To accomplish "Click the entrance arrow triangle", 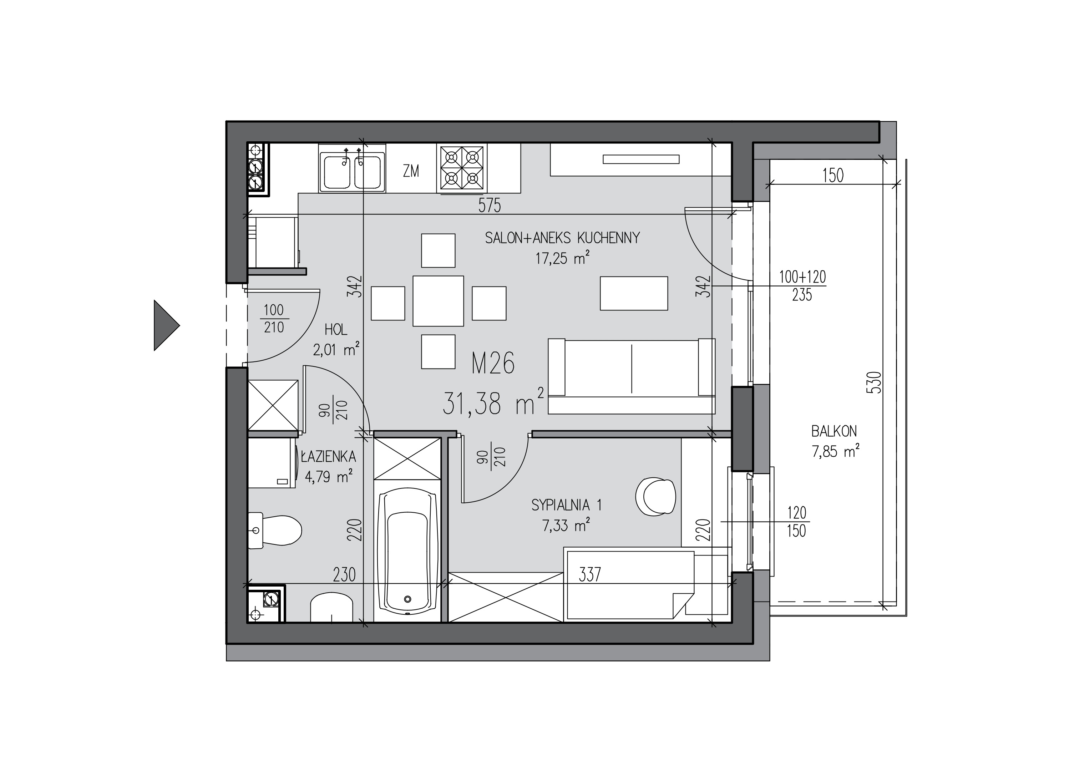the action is [164, 325].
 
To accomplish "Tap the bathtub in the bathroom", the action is [408, 551].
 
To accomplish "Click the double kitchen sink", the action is [351, 168].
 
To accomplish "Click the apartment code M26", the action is [493, 364].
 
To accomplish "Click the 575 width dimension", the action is [489, 206].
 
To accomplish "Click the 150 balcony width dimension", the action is [833, 175].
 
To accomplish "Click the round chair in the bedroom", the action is [655, 496].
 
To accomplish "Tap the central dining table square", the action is [439, 301].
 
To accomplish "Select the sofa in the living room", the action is [632, 376].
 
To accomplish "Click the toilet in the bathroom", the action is [274, 531].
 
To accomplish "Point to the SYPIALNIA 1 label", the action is [566, 505].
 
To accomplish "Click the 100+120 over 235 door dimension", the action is [802, 285].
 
